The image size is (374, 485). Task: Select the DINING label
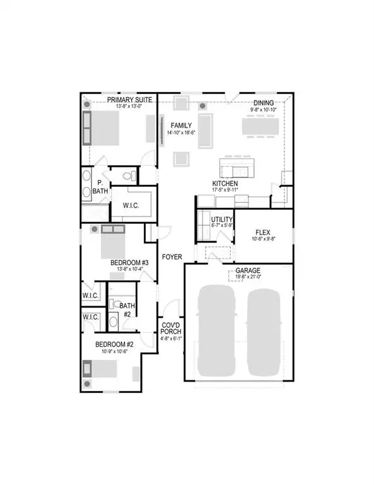pyautogui.click(x=263, y=103)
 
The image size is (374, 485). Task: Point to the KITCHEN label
pyautogui.click(x=224, y=183)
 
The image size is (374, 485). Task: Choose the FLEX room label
pyautogui.click(x=264, y=231)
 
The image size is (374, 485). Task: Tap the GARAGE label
pyautogui.click(x=239, y=270)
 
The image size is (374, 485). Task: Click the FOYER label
pyautogui.click(x=172, y=257)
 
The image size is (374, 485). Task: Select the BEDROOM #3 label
pyautogui.click(x=129, y=263)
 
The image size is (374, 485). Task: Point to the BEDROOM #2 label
pyautogui.click(x=114, y=344)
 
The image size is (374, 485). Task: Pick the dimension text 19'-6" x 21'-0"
pyautogui.click(x=239, y=277)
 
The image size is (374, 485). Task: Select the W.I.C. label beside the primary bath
pyautogui.click(x=129, y=206)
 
